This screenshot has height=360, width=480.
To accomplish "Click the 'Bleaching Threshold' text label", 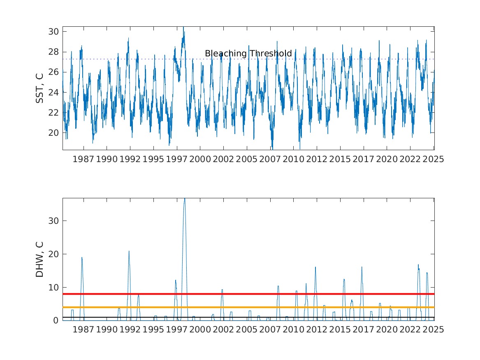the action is (x=248, y=53).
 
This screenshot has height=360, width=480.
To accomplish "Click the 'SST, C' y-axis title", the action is (x=39, y=88).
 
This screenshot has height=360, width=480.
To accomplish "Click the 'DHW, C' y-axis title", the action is (x=39, y=260).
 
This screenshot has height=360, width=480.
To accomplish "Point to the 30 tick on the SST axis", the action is (x=53, y=32).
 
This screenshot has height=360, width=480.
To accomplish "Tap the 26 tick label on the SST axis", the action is (x=53, y=72).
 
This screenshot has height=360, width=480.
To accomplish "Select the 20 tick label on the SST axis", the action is (x=53, y=133).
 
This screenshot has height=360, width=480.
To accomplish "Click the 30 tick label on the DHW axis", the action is (x=53, y=221).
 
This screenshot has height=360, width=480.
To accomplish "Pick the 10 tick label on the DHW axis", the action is (x=53, y=288).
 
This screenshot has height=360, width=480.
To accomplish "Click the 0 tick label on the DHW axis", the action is (x=56, y=321).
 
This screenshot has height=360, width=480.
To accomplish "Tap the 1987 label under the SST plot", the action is (x=83, y=159).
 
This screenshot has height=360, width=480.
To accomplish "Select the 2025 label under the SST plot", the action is (x=434, y=159).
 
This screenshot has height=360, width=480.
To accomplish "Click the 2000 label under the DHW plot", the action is (x=200, y=330).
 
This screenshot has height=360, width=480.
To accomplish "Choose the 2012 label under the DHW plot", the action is (x=317, y=330).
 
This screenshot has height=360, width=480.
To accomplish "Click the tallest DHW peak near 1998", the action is (x=185, y=199).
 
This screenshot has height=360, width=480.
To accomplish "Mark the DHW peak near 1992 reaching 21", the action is (x=129, y=251).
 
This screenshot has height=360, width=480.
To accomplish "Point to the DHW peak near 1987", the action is (x=82, y=258).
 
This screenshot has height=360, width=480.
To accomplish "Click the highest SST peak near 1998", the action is (x=183, y=27).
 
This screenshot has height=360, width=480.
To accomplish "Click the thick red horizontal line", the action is (x=248, y=294).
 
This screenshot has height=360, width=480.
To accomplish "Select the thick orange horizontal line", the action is (x=248, y=307).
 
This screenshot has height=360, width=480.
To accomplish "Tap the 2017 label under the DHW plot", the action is (x=363, y=330).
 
